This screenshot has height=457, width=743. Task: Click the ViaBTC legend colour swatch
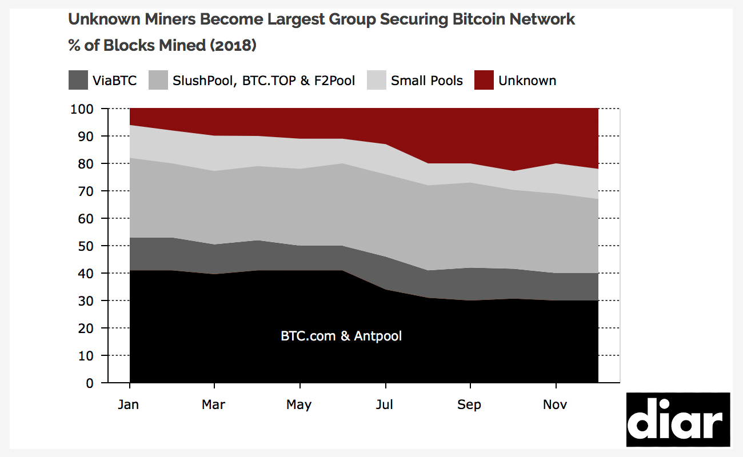[x=78, y=81]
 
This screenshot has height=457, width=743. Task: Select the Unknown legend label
[x=527, y=81]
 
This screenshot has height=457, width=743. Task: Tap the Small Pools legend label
[x=426, y=81]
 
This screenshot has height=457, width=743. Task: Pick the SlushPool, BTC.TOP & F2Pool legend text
[x=263, y=81]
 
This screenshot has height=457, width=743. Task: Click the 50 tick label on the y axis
[x=85, y=246]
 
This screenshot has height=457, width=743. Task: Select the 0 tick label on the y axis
[x=89, y=383]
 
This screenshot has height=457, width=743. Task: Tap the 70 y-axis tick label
[x=85, y=191]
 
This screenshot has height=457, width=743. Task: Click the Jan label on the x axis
[x=129, y=404]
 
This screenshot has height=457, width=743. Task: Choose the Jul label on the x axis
[x=385, y=404]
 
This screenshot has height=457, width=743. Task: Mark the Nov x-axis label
[x=555, y=404]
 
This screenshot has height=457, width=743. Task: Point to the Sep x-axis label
[x=469, y=404]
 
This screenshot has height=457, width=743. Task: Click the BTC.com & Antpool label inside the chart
[x=341, y=336]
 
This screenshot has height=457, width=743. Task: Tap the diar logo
[x=678, y=420]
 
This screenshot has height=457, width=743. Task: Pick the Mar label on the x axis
[x=213, y=404]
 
